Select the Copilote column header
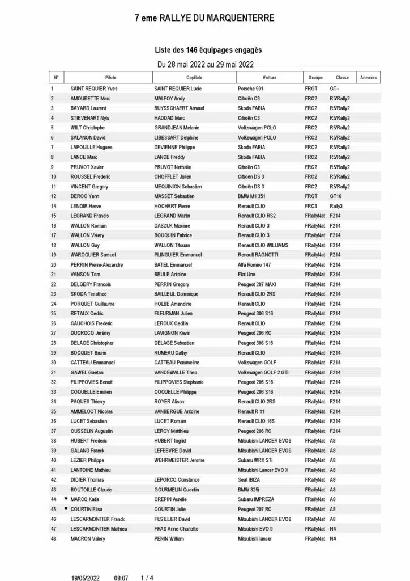[x=194, y=78]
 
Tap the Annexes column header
[x=369, y=78]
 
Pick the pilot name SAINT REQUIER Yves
[x=93, y=89]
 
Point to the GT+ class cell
[x=335, y=89]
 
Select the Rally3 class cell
[x=336, y=206]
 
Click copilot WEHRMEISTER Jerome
[x=180, y=460]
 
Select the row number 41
[x=53, y=470]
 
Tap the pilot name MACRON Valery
[x=89, y=538]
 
